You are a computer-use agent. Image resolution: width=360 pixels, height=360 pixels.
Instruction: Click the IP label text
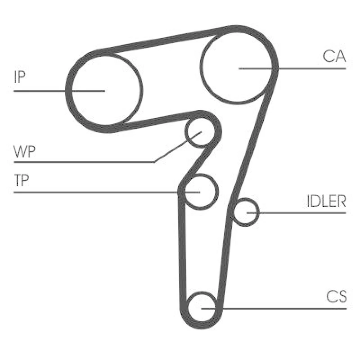[x=19, y=77]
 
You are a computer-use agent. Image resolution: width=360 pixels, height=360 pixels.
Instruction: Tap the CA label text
[x=334, y=56]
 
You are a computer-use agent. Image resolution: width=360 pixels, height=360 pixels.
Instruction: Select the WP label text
[x=25, y=151]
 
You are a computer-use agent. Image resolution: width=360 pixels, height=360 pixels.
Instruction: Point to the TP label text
[x=21, y=180]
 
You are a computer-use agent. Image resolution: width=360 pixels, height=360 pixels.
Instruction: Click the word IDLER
[x=326, y=201]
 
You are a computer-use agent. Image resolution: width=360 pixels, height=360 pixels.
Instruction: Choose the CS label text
[x=336, y=297]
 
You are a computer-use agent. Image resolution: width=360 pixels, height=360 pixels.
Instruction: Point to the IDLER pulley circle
[x=245, y=212]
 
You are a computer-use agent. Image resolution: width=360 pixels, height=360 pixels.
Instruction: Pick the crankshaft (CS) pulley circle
[x=202, y=307]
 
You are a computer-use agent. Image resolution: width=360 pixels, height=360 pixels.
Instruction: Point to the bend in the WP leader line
[x=154, y=162]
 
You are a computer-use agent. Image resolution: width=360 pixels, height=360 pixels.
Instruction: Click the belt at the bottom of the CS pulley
[x=202, y=325]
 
